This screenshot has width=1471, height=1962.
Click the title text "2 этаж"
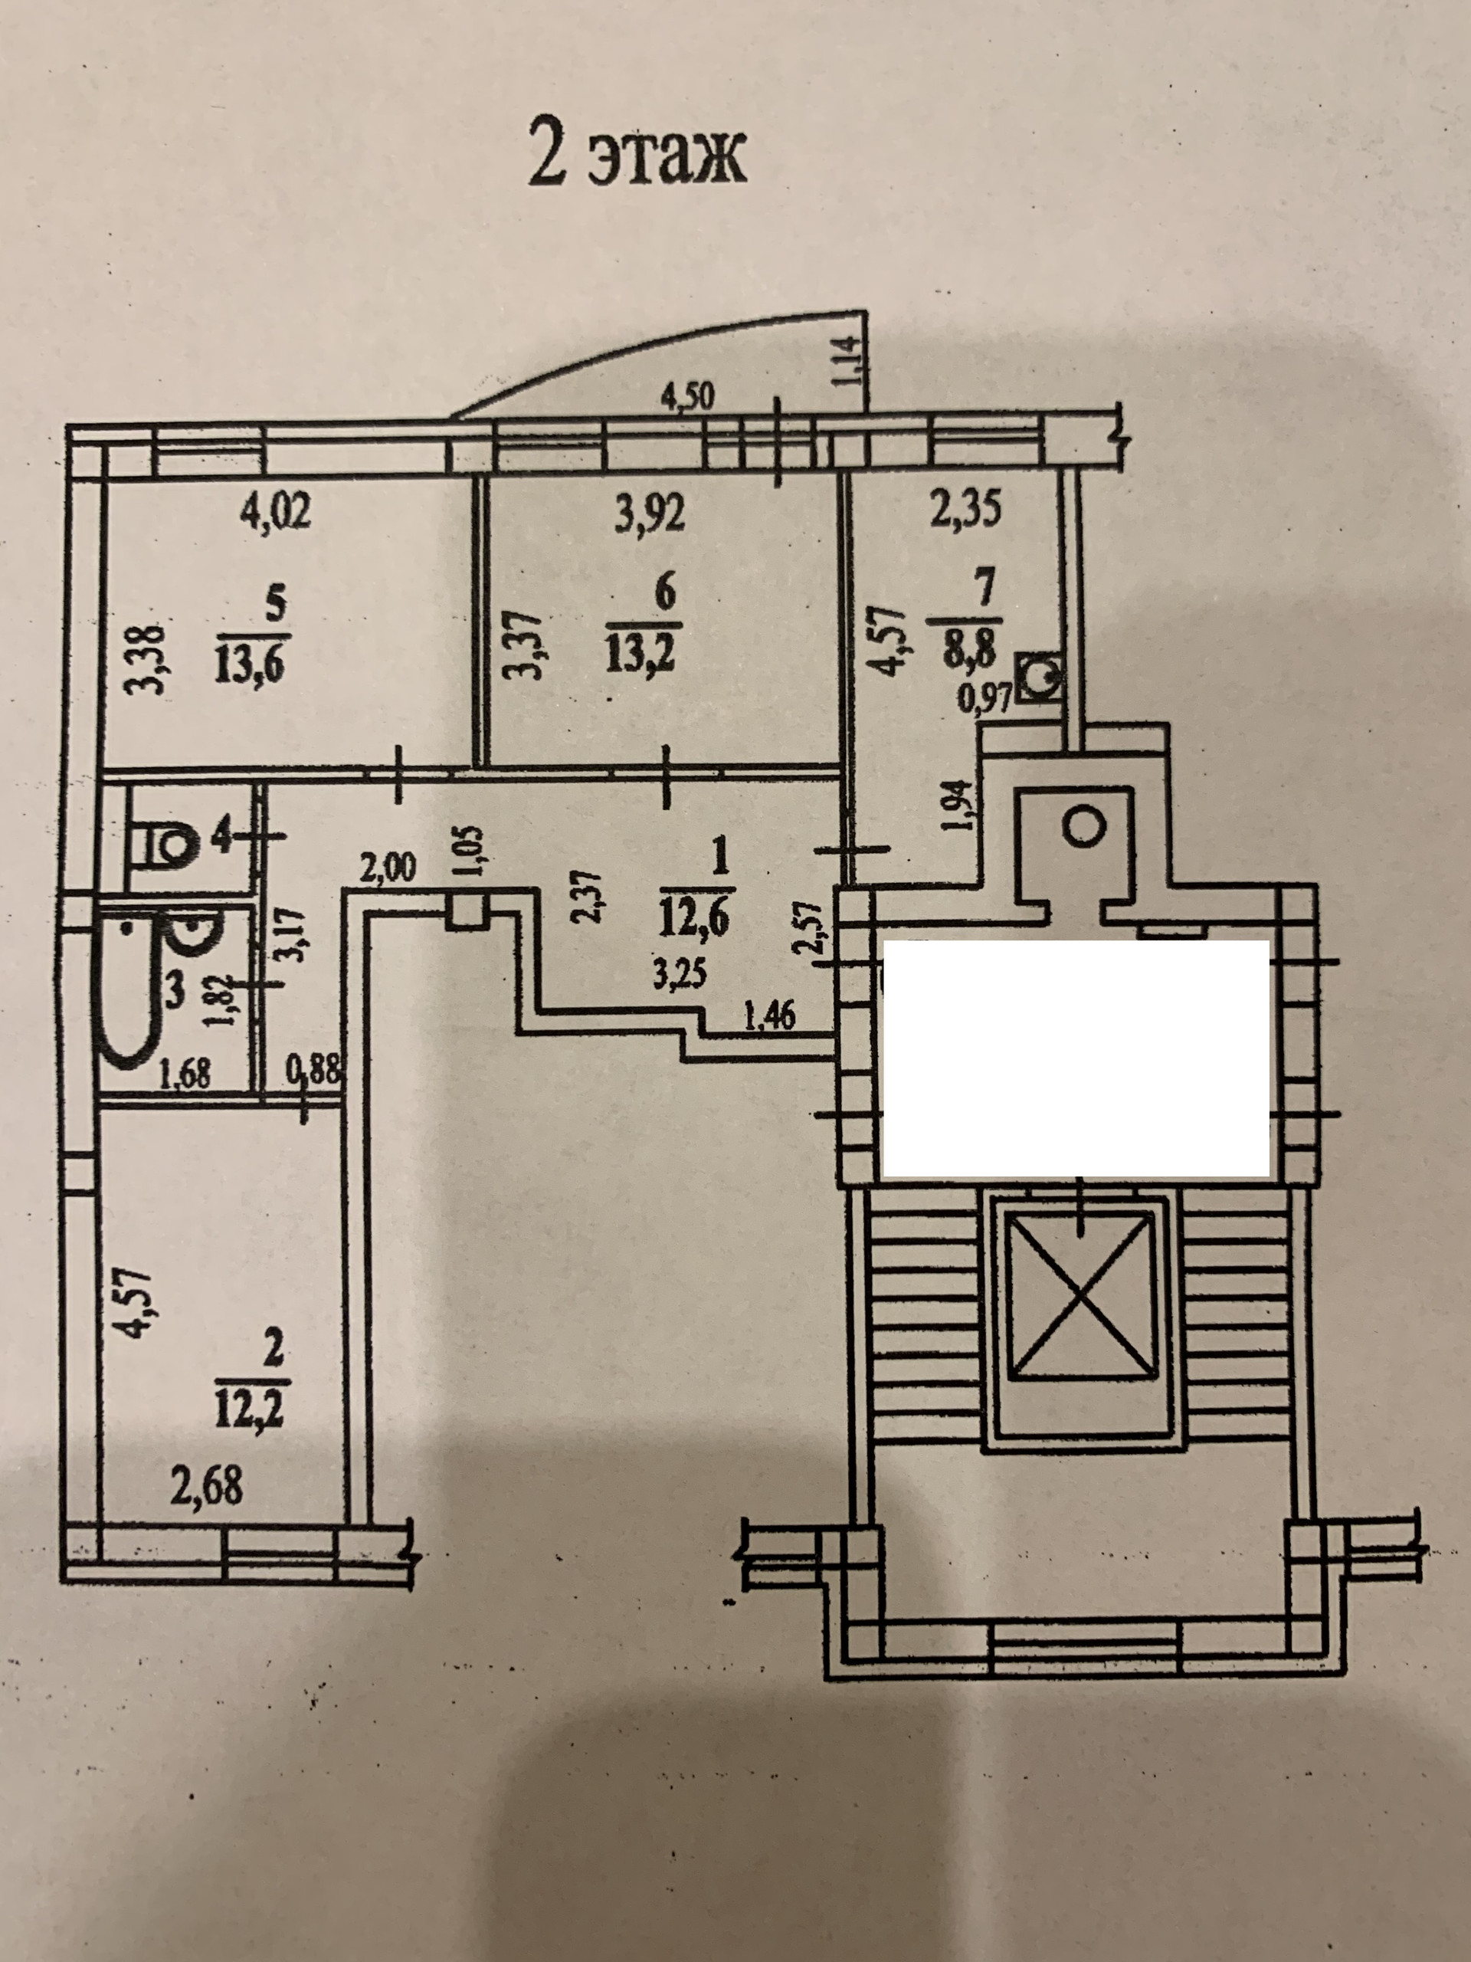tap(636, 159)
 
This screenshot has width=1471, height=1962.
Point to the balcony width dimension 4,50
tap(688, 396)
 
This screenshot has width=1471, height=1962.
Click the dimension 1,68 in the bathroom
tap(185, 1075)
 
